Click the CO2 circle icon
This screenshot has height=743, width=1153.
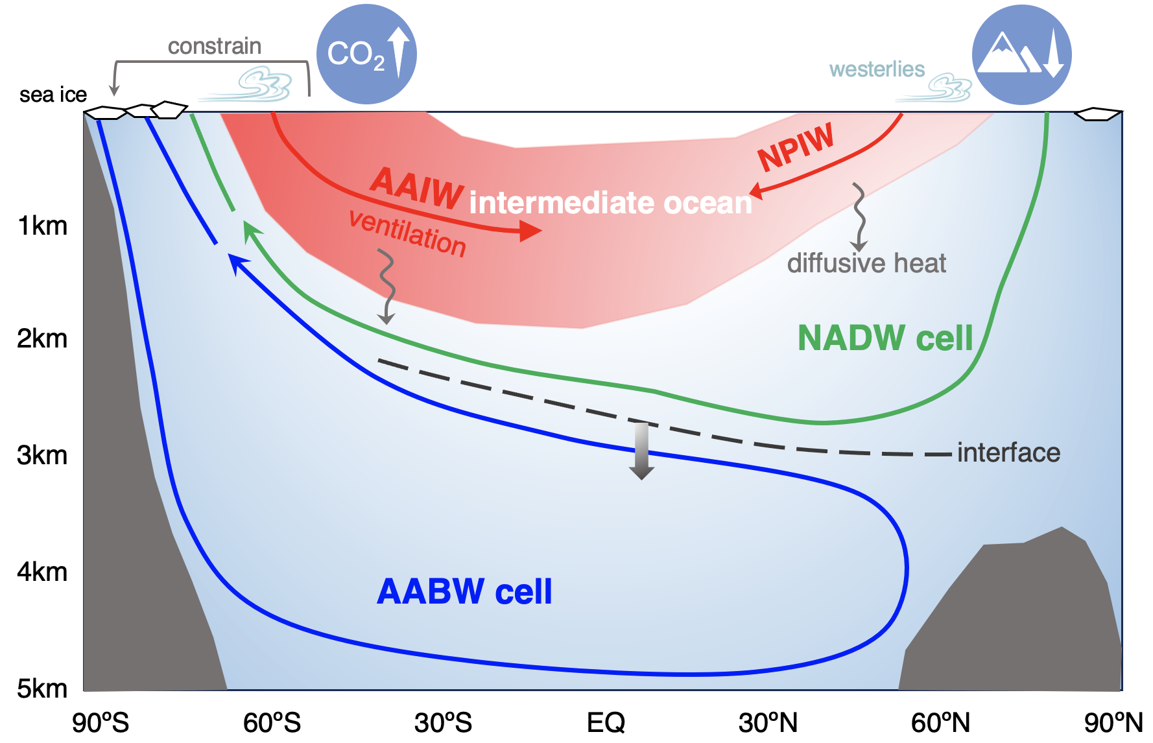tap(366, 54)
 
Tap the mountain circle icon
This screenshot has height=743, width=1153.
tap(1021, 54)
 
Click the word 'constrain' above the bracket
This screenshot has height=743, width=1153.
tap(215, 47)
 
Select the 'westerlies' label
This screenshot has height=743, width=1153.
tap(877, 69)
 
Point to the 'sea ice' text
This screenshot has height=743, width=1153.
tap(53, 95)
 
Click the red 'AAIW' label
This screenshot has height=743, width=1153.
tap(417, 188)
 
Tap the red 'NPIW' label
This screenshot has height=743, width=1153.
tap(796, 147)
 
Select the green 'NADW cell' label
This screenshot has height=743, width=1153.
tap(885, 338)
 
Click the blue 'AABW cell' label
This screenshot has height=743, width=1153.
tap(464, 592)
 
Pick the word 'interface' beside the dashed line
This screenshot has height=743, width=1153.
tap(1008, 453)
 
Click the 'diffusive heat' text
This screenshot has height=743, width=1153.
tap(866, 263)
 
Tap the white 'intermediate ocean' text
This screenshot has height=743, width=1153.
tap(610, 203)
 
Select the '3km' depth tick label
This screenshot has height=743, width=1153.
tap(42, 455)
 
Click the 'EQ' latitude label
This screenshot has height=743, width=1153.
tap(606, 722)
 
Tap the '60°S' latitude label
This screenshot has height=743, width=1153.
tap(272, 722)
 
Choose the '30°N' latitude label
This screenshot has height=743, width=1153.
tap(768, 722)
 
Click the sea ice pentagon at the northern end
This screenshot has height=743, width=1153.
tap(1098, 114)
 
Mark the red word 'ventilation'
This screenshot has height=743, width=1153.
tap(407, 233)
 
